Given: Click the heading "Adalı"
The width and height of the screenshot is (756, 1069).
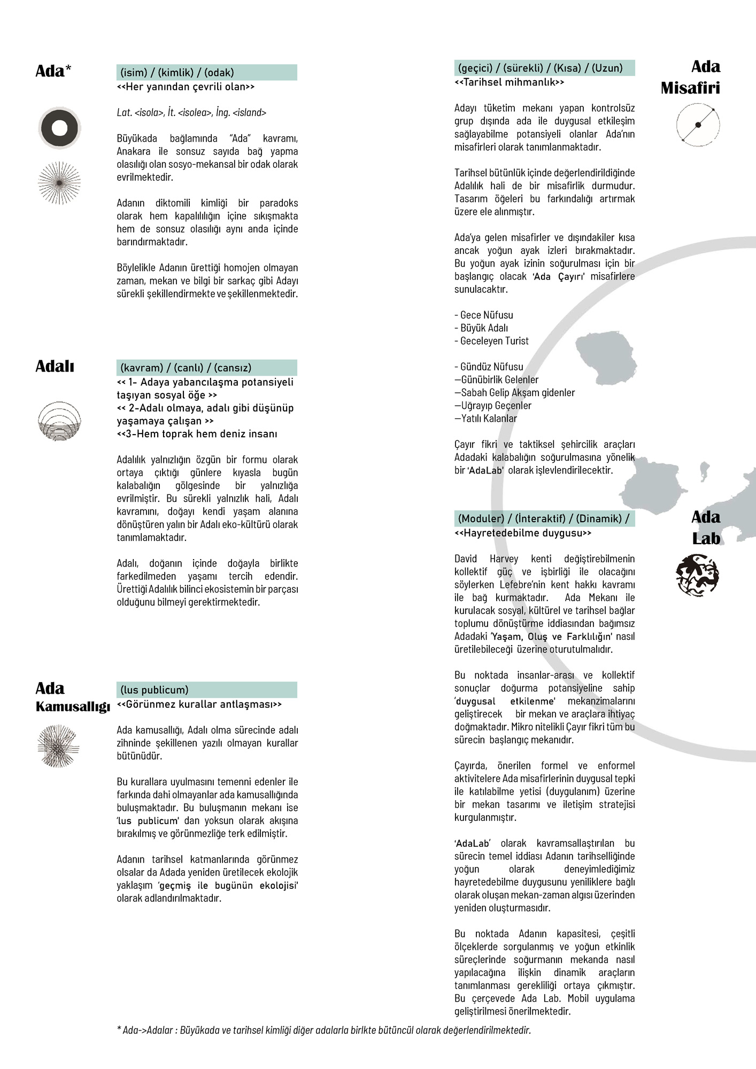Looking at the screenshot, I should (55, 367).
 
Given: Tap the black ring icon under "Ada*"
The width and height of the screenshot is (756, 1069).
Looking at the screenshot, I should (59, 128).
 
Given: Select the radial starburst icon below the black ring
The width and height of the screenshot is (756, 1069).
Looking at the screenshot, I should (59, 183).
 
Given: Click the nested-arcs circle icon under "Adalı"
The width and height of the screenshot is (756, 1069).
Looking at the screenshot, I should (59, 421).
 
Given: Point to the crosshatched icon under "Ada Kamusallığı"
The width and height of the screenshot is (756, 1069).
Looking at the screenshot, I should (59, 746).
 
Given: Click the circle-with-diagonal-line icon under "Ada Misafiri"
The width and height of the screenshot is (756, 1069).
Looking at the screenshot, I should (698, 125).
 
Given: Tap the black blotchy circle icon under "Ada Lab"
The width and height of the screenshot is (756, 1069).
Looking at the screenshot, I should (697, 575).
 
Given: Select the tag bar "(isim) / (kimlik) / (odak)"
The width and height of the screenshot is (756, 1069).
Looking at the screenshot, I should (206, 73).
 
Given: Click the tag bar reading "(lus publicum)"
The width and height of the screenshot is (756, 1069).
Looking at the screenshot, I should (206, 690).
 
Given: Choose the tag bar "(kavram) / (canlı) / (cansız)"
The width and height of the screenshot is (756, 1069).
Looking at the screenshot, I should (206, 368).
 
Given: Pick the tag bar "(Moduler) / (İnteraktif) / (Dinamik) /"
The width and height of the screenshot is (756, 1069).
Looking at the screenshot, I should (544, 518).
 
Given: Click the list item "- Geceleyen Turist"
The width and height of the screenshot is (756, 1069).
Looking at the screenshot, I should (491, 341).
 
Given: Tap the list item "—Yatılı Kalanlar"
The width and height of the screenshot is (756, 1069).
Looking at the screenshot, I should (485, 419).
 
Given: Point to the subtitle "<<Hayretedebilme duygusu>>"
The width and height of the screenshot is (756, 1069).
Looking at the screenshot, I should (523, 533).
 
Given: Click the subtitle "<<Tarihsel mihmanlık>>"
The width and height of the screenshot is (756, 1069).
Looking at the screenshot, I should (509, 82).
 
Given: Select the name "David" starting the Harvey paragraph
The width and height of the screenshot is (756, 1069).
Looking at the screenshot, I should (466, 559).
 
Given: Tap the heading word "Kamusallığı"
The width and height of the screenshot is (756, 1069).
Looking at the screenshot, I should (73, 707).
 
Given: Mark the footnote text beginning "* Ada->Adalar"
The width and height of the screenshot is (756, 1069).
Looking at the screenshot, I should (323, 1030).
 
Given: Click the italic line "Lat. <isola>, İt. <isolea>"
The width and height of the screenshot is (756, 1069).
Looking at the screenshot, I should (191, 113).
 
